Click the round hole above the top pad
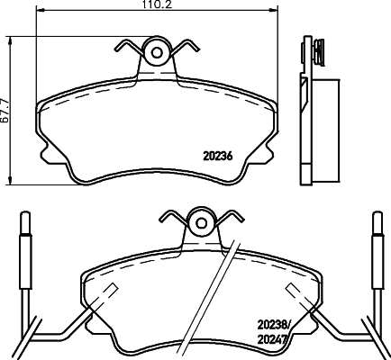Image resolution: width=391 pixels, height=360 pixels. click(158, 53)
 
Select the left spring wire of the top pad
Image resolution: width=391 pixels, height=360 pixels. click(127, 44)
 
